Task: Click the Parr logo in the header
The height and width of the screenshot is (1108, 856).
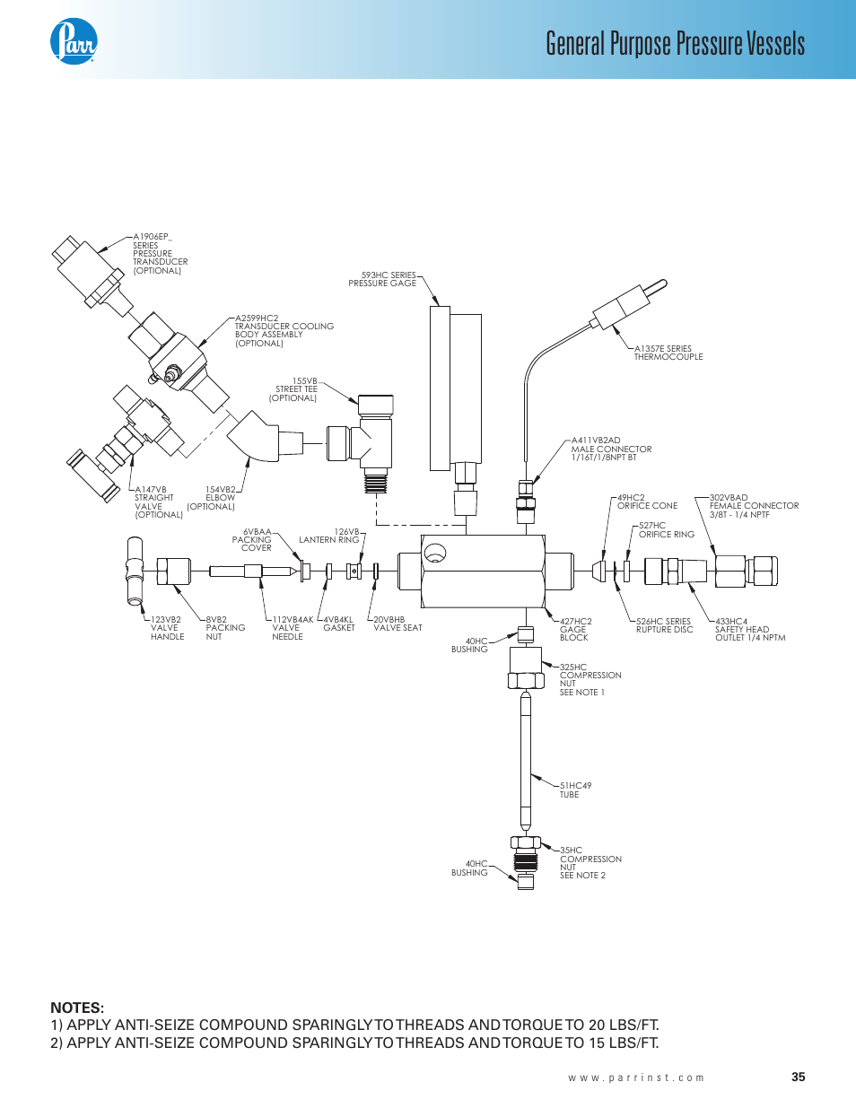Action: click(x=74, y=41)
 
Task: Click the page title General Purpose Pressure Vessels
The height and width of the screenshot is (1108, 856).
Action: click(x=675, y=43)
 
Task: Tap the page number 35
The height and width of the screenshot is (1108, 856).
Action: click(x=798, y=1077)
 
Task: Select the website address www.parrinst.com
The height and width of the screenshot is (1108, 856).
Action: click(x=635, y=1077)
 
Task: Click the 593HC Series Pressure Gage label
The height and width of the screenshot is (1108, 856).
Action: click(x=383, y=279)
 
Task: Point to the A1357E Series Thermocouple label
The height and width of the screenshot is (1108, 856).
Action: click(x=668, y=353)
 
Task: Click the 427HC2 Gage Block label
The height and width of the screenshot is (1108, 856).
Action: click(x=575, y=629)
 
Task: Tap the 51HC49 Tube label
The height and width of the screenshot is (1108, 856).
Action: click(x=575, y=790)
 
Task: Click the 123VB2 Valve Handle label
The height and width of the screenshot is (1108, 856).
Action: click(x=167, y=628)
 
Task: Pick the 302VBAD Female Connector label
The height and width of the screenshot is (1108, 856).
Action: click(x=753, y=506)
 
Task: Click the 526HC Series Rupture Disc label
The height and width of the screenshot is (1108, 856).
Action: click(x=664, y=625)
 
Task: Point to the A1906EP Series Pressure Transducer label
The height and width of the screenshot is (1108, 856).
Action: click(x=159, y=254)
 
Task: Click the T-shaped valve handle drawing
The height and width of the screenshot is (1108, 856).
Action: click(x=135, y=571)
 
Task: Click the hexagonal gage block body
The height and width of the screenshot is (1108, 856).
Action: click(x=483, y=571)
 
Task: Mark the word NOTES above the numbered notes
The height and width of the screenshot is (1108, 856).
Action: click(x=77, y=1008)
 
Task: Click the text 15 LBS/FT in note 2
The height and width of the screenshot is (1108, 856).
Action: click(x=625, y=1043)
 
